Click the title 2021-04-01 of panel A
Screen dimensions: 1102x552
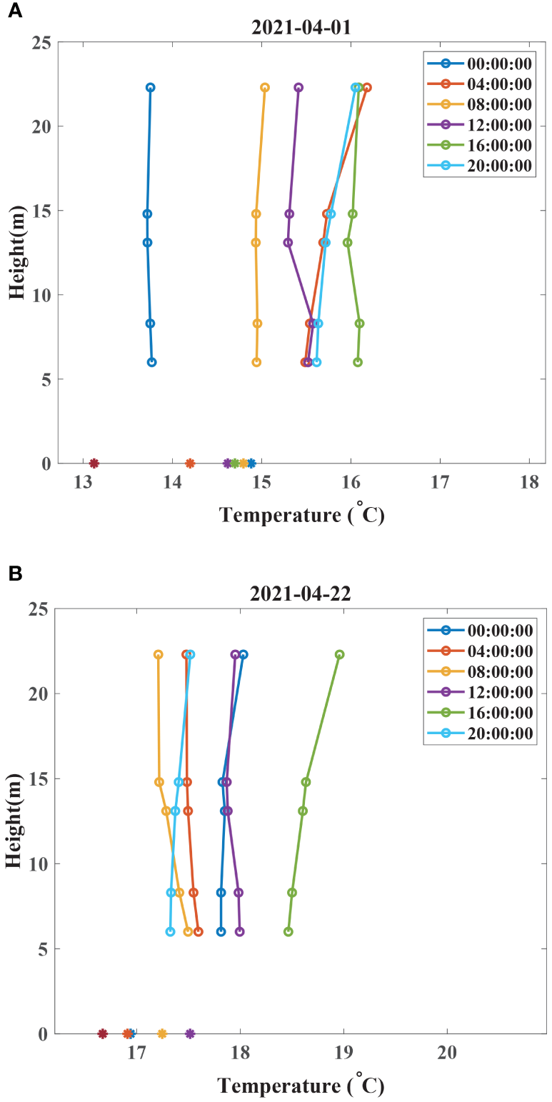coord(301,27)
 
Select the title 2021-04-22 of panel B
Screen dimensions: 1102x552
coord(301,594)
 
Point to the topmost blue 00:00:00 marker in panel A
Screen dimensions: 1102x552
coord(150,88)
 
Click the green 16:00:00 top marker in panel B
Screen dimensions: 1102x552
coord(340,654)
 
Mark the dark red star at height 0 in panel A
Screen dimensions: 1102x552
coord(94,464)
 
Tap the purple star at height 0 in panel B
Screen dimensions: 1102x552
coord(190,1033)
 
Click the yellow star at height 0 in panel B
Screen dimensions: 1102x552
coord(162,1033)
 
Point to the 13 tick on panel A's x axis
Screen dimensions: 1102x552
coord(84,482)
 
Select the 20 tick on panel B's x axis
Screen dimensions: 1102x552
coord(447,1052)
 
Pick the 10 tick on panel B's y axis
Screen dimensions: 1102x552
coord(41,864)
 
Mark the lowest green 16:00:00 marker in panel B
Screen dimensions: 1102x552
coord(288,931)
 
